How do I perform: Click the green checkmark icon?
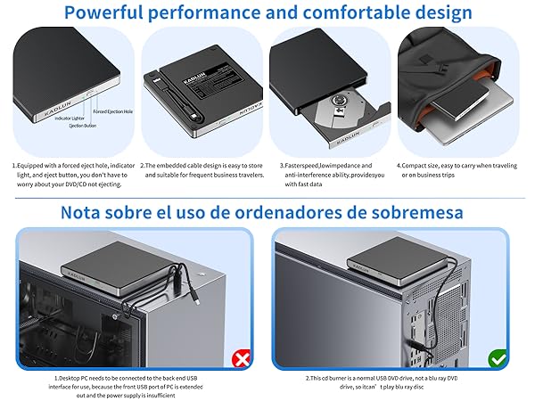(498, 358)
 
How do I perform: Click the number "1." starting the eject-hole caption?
(15, 166)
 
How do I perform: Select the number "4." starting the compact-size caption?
(399, 166)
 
